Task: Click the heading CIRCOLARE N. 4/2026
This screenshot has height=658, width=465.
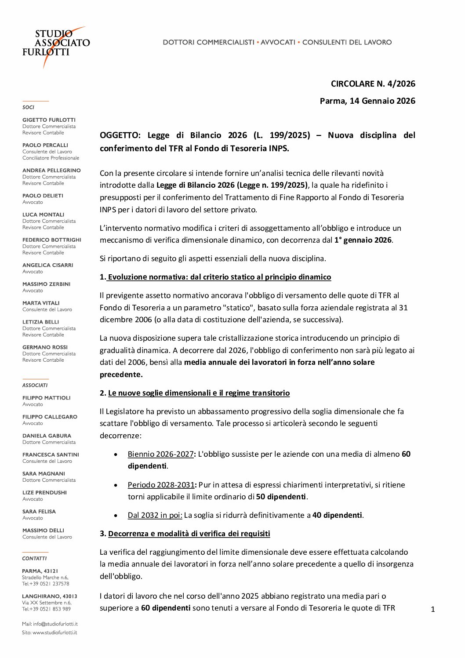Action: [373, 84]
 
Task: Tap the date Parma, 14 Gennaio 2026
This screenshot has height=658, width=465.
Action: [367, 101]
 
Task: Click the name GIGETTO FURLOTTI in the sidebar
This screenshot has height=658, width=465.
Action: [49, 120]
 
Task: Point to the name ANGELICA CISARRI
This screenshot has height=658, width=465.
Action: [47, 265]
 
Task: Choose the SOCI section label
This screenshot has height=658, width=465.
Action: [28, 107]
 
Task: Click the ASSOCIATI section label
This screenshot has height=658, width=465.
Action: [35, 385]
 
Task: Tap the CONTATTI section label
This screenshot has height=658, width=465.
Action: [34, 558]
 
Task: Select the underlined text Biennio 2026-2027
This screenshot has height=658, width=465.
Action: [160, 454]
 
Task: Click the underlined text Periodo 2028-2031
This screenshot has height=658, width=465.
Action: [161, 485]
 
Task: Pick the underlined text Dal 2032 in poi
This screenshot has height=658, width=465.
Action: [155, 515]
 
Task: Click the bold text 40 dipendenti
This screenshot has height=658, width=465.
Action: [337, 515]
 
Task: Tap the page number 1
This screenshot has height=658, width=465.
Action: [433, 609]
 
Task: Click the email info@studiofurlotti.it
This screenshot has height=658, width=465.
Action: [55, 624]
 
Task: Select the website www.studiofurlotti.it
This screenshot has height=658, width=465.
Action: [54, 633]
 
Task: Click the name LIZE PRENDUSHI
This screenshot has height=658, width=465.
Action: [44, 492]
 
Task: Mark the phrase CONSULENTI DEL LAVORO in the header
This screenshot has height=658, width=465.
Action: [347, 42]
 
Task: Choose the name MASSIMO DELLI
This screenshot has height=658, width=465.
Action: [43, 531]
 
